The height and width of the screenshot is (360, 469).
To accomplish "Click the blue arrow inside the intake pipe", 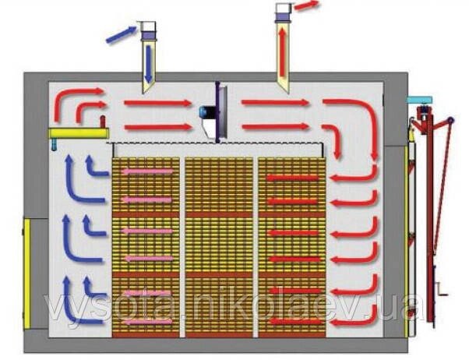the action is click(149, 64).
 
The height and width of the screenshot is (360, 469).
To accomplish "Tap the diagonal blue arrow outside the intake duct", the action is click(121, 34).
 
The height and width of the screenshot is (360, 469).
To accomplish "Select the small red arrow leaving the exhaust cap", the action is click(305, 5).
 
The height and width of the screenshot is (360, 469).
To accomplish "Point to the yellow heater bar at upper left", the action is click(79, 133).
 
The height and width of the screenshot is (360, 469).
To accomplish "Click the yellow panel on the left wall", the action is click(27, 274).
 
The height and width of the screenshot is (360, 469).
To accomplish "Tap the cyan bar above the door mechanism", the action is click(419, 100).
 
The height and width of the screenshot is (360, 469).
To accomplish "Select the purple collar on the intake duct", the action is click(149, 36).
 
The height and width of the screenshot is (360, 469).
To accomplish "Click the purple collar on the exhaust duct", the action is click(283, 17).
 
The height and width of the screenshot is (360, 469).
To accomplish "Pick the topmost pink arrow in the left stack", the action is click(147, 171).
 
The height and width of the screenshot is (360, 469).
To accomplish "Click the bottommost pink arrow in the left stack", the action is click(147, 322).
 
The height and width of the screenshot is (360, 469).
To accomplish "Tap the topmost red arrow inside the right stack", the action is click(292, 178).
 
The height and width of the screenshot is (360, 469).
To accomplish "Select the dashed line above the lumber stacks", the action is click(215, 143).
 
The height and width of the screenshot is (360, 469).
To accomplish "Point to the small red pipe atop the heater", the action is click(103, 122).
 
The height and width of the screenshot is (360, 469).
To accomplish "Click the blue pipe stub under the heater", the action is click(54, 144).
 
